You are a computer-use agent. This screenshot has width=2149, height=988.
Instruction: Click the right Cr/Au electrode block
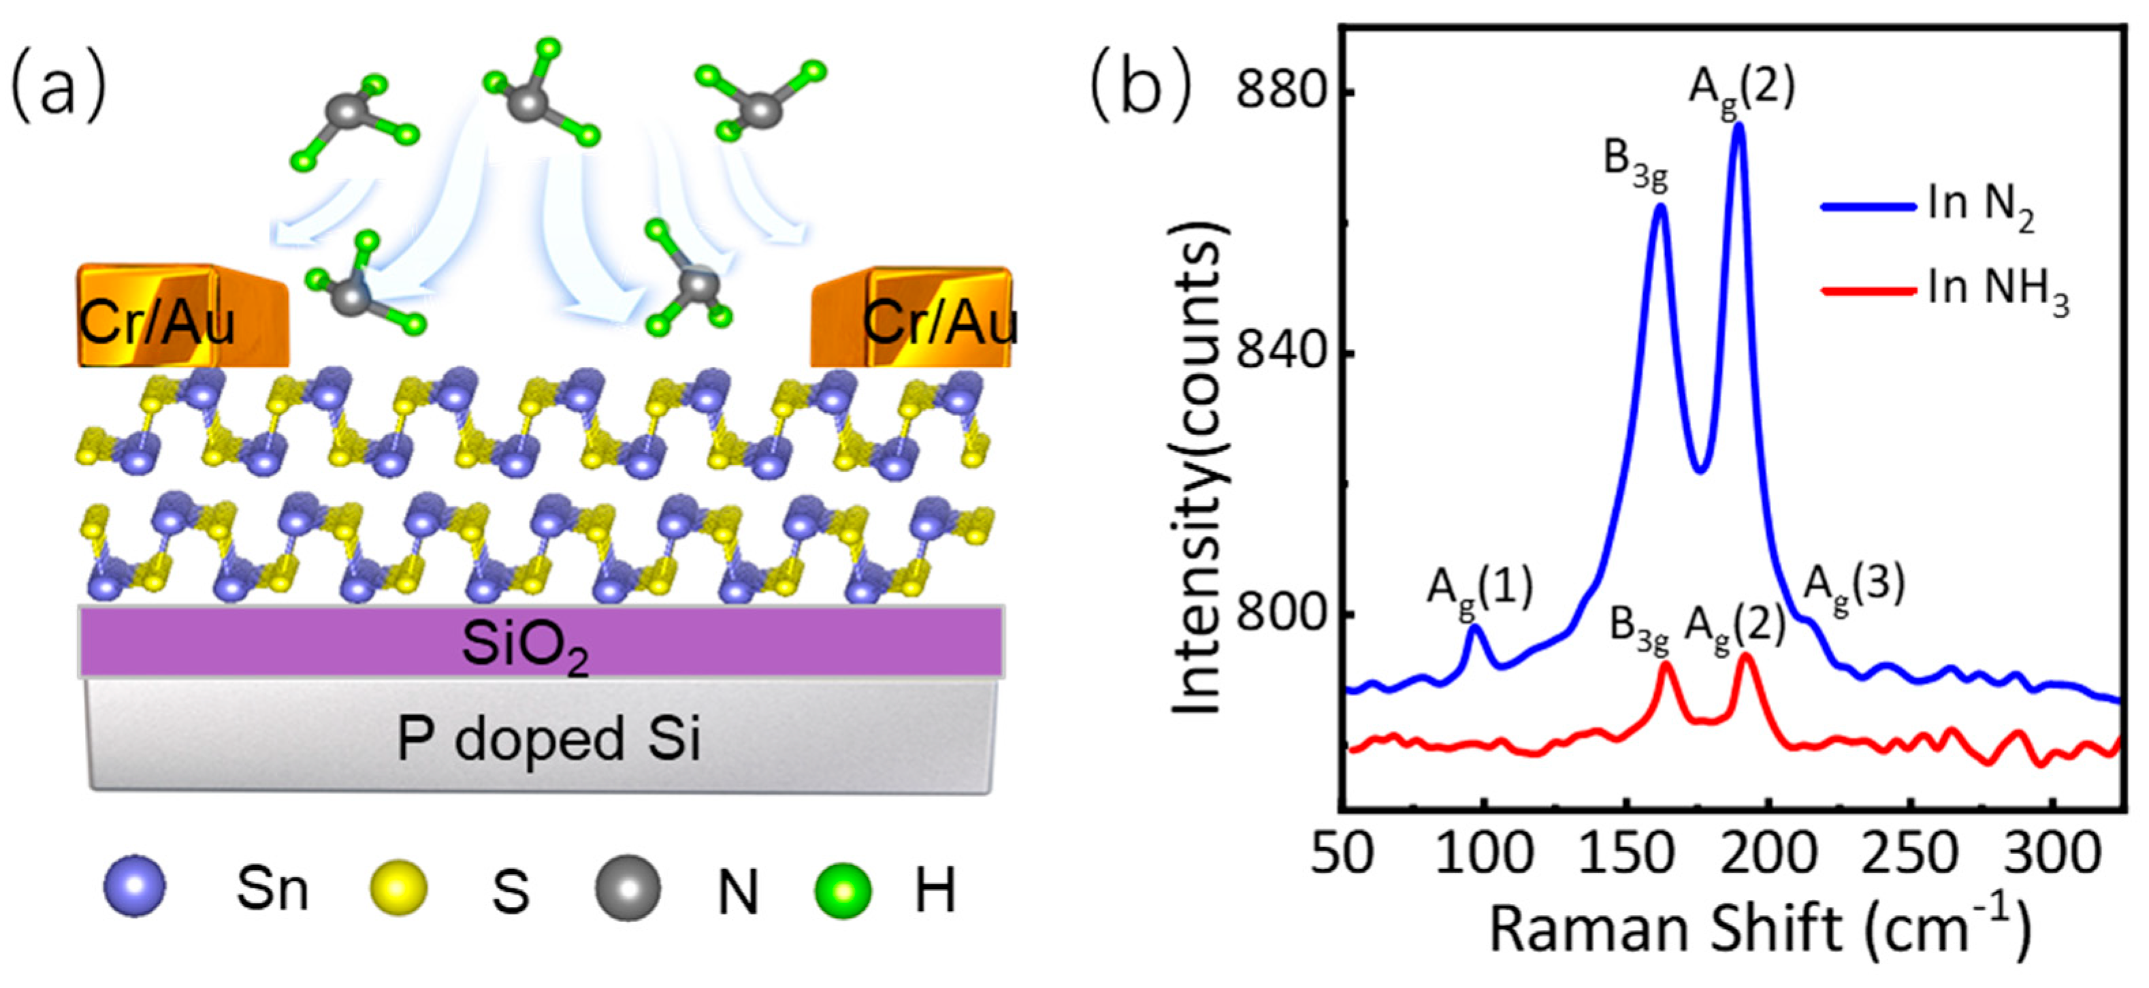point(914,318)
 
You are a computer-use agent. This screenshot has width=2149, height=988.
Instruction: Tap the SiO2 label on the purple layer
point(526,648)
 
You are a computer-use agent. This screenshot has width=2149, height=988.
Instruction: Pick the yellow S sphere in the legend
point(398,888)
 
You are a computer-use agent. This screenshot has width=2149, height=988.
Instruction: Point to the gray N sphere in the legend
point(628,888)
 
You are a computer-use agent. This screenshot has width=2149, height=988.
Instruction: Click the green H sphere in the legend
point(843,889)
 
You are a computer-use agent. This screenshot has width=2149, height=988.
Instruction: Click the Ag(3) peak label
point(1854,589)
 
